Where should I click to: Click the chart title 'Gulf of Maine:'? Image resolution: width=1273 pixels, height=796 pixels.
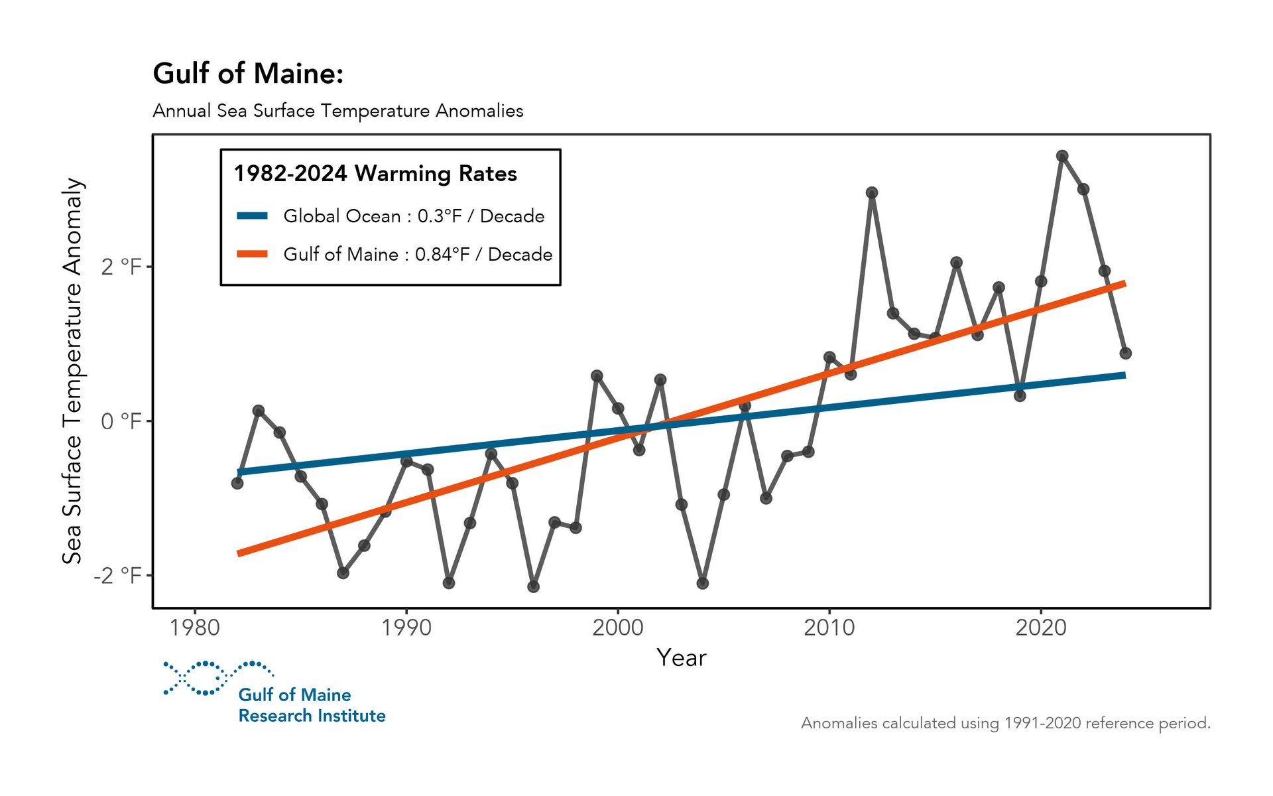(248, 74)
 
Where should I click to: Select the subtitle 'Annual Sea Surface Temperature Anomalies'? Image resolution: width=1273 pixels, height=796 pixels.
(337, 111)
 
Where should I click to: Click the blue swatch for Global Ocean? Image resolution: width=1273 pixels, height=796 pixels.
(253, 216)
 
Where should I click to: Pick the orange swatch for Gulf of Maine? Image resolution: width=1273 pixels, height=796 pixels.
(253, 254)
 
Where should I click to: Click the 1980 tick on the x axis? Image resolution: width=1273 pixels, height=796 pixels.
(195, 628)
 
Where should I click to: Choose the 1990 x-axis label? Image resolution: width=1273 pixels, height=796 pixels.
(406, 628)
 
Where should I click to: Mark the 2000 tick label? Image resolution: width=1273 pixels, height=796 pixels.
(617, 628)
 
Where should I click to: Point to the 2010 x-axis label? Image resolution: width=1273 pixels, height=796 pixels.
(829, 628)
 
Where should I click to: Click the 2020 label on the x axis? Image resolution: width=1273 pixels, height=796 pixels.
(1040, 628)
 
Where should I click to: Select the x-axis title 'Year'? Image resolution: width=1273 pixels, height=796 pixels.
(681, 658)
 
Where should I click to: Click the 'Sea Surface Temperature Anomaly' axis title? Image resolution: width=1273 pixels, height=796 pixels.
(72, 371)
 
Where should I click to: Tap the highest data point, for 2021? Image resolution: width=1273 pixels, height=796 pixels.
(1062, 157)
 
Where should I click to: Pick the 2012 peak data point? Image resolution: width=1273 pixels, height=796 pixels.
(872, 193)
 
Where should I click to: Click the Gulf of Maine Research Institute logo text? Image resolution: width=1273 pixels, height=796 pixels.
(312, 705)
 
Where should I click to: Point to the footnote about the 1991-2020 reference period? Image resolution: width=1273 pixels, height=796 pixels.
(1005, 723)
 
